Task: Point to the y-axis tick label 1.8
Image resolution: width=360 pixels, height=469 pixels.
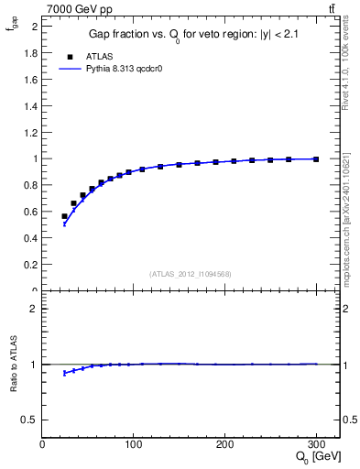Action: pos(29,52)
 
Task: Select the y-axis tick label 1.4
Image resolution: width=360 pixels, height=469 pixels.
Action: pos(29,105)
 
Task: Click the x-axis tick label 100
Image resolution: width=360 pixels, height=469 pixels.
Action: pos(134,444)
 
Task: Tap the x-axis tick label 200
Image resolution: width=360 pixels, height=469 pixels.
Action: pos(225,444)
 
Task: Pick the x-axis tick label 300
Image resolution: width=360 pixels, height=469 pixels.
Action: pos(316,444)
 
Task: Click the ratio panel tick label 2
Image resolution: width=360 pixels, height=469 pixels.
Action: pos(34,309)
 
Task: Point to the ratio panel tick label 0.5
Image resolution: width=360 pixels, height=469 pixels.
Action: pos(30,420)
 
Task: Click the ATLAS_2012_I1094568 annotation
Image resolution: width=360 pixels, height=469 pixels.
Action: pos(191,273)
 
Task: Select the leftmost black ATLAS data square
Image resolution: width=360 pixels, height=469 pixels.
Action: pos(64,216)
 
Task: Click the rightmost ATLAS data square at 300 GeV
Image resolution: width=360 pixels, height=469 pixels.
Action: pos(316,159)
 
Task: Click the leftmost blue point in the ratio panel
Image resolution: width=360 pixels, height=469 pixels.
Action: pos(64,373)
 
